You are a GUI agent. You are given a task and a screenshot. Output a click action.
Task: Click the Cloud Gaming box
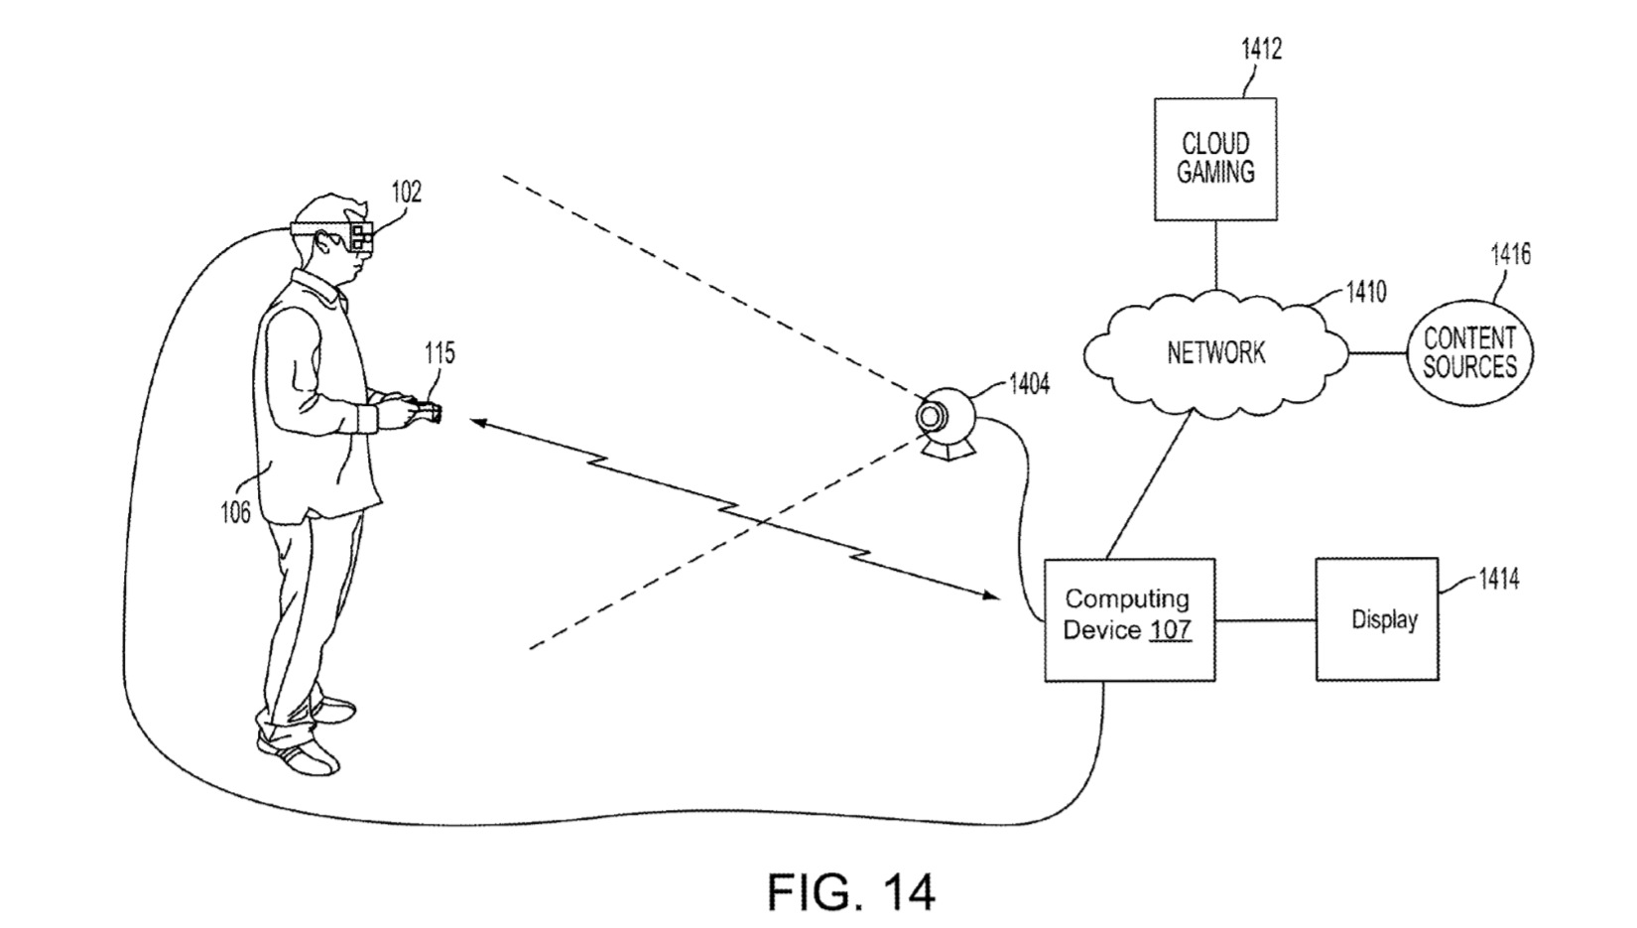(x=1215, y=159)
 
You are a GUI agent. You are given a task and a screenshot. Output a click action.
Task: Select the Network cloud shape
(x=1215, y=352)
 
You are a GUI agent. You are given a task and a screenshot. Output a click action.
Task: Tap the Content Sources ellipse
(x=1469, y=353)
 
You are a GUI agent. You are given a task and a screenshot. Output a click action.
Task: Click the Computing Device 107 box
(x=1129, y=619)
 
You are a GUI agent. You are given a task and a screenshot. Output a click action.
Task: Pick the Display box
(x=1377, y=619)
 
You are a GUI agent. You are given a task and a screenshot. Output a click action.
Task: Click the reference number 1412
(x=1261, y=50)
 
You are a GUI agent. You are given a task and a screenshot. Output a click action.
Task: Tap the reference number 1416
(x=1510, y=255)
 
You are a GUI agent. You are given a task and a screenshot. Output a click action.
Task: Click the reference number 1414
(x=1498, y=579)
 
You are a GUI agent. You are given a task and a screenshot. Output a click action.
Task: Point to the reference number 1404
(x=1029, y=384)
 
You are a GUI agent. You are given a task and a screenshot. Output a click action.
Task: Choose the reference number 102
(x=406, y=192)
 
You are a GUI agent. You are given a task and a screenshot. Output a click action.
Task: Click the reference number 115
(x=440, y=353)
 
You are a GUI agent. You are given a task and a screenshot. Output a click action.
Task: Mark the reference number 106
(x=234, y=512)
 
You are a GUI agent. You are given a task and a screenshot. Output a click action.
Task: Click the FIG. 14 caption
(x=850, y=891)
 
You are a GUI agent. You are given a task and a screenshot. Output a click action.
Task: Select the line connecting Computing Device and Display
(x=1266, y=621)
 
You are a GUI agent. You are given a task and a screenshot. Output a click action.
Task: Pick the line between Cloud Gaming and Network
(x=1216, y=255)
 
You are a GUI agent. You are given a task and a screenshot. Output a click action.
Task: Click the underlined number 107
(x=1171, y=631)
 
